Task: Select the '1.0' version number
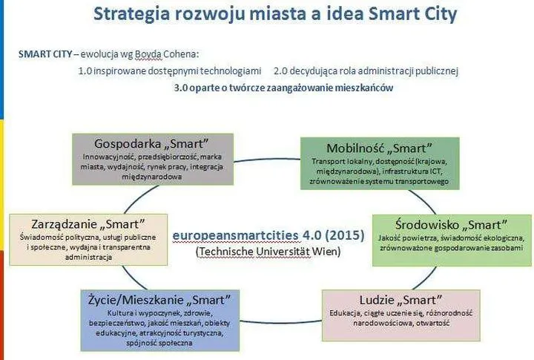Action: click(x=86, y=71)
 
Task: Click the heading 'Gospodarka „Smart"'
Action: click(x=151, y=143)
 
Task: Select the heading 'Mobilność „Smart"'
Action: click(x=380, y=147)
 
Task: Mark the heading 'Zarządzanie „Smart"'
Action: click(x=88, y=223)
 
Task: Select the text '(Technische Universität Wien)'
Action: click(x=268, y=251)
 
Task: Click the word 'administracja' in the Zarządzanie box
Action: click(x=88, y=257)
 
